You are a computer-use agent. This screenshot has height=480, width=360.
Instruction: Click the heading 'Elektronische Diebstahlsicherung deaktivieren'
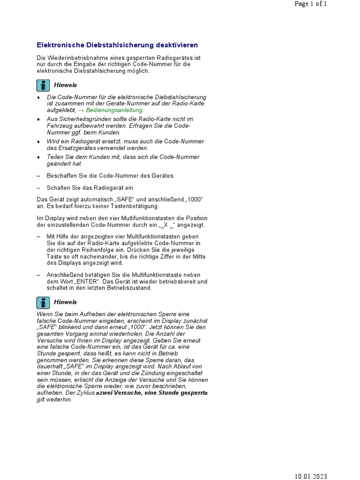tap(117, 45)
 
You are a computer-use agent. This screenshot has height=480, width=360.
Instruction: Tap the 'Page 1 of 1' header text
tap(311, 4)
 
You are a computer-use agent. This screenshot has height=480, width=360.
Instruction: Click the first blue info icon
tap(43, 85)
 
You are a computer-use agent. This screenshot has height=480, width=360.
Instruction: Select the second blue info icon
tap(43, 302)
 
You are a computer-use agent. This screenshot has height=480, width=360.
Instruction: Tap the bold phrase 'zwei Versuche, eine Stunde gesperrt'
tap(150, 393)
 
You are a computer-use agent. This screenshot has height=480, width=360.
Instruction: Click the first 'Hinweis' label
tap(65, 85)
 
